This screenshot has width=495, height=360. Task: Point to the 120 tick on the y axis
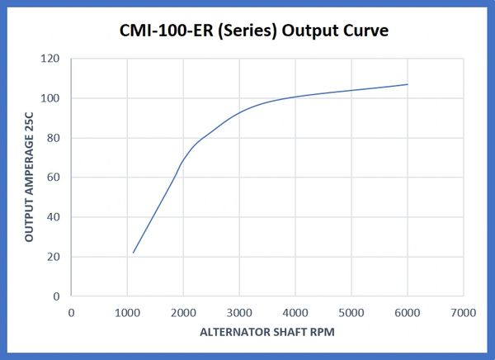click(52, 59)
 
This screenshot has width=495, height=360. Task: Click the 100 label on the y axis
click(52, 98)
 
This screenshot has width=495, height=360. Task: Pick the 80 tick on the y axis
click(55, 138)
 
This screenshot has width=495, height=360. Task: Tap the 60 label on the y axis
click(55, 178)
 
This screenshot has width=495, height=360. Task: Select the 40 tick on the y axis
click(55, 217)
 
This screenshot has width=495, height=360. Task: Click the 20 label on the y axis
click(55, 257)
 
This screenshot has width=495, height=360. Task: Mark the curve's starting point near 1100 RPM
click(133, 253)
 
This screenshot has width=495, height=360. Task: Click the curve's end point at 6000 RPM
click(408, 84)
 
